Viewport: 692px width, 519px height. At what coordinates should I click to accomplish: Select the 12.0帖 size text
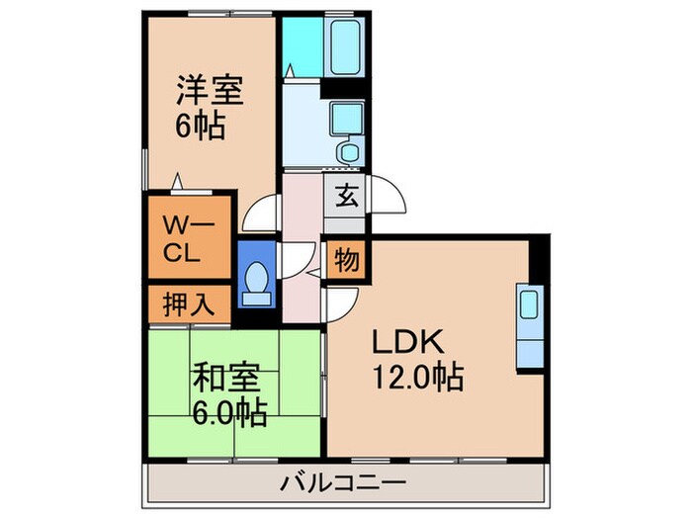(418, 377)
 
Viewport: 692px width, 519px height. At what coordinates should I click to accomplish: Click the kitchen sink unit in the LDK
(528, 326)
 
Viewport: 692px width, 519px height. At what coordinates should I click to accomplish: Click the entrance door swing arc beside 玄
(388, 197)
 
